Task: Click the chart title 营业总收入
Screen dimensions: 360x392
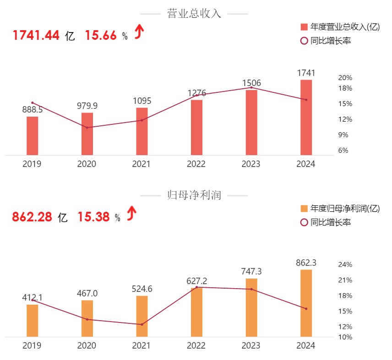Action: (194, 14)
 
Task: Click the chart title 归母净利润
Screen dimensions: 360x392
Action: (194, 195)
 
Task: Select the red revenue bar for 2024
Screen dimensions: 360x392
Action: (306, 118)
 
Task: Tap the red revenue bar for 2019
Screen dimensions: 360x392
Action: (32, 136)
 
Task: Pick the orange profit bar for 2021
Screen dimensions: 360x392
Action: (142, 316)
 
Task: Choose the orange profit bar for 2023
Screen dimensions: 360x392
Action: (251, 307)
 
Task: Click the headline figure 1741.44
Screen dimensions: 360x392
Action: (36, 35)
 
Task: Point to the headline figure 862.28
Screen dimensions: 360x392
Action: (32, 217)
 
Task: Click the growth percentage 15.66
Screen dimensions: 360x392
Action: (101, 35)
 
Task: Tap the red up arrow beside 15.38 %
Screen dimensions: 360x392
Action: (132, 213)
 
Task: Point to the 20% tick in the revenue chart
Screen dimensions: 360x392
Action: (345, 78)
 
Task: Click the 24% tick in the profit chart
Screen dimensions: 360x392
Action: (345, 264)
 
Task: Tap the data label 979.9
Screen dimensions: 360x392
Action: (87, 106)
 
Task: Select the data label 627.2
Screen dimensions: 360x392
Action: (197, 281)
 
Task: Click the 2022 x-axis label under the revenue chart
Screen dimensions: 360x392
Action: (196, 164)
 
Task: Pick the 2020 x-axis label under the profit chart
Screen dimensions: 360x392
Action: (87, 345)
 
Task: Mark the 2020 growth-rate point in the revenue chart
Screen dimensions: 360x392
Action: (87, 127)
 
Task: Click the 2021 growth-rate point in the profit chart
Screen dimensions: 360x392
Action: (142, 324)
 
